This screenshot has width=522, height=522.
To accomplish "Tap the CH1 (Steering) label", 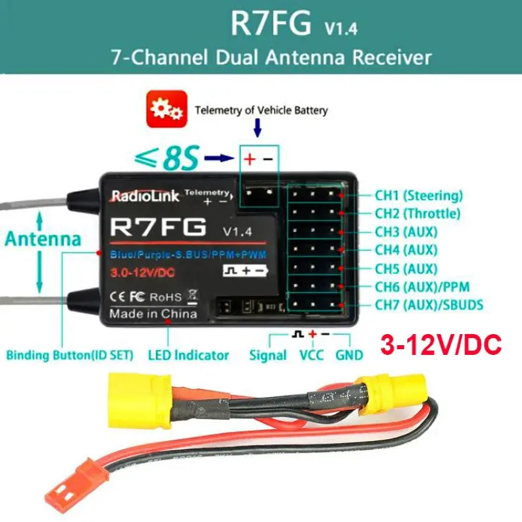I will [418, 195].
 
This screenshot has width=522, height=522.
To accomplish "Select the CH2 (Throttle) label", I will [418, 213].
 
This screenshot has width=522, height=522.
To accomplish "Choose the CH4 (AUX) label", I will [405, 250].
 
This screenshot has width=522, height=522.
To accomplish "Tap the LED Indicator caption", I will [189, 356].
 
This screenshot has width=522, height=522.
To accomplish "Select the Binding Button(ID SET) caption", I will [70, 356].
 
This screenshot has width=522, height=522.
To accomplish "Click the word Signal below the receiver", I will [268, 356].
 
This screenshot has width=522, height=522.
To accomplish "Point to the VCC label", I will [311, 356].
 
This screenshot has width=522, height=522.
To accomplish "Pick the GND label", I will [350, 356].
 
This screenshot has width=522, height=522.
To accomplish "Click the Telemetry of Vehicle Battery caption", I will [262, 110].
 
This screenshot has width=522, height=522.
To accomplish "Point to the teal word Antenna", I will [43, 239].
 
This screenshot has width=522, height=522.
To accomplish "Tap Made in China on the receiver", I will [153, 314].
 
